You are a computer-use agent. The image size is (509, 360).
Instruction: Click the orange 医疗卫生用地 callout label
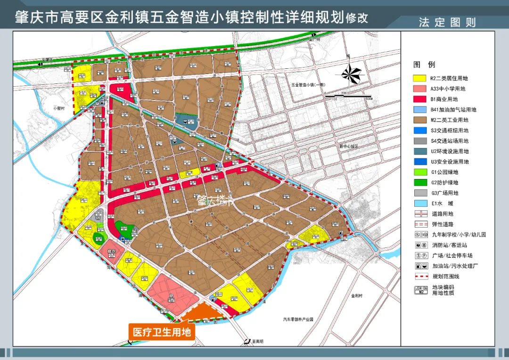(161, 332)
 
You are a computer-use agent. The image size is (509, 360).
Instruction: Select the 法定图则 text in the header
(447, 22)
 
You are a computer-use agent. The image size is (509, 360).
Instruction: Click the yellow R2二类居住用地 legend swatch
(419, 79)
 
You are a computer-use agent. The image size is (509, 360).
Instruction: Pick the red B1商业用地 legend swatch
(419, 99)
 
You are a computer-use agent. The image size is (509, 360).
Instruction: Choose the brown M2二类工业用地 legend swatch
(419, 120)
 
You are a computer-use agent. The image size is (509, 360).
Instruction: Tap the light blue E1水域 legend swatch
(419, 203)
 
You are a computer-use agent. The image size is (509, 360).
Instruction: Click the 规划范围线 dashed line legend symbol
(419, 276)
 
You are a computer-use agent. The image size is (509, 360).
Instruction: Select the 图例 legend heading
(424, 65)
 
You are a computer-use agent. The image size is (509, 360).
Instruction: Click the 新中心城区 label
(349, 147)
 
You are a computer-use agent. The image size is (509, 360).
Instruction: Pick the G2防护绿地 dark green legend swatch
(419, 182)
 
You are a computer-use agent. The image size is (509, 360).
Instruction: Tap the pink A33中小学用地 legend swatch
(419, 89)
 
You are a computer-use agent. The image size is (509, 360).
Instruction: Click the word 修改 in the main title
(357, 18)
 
